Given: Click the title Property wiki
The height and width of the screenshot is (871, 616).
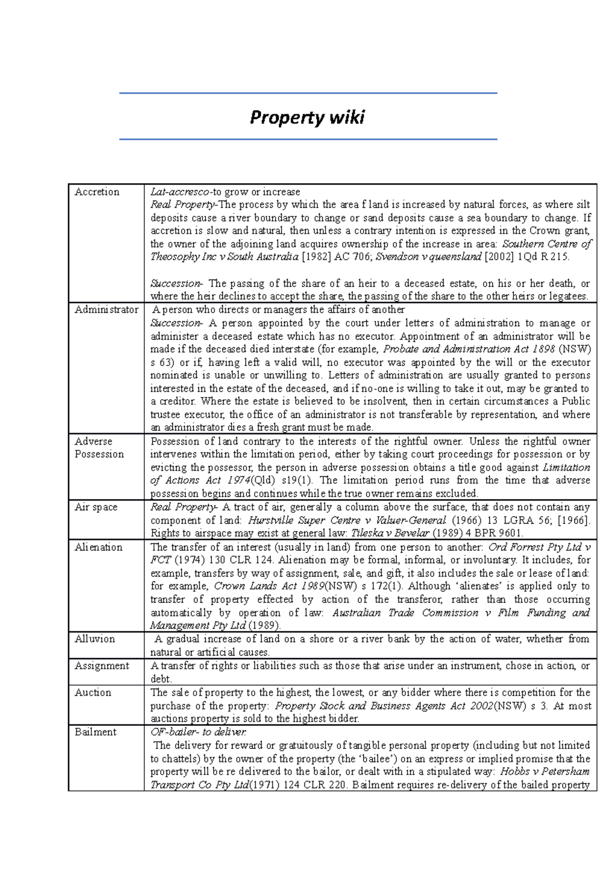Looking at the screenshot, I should point(307,117).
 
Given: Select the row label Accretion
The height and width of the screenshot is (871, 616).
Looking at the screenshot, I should point(97,192).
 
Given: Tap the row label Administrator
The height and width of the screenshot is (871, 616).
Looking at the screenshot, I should point(106,310).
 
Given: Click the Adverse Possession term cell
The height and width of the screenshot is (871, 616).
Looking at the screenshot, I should point(99,448).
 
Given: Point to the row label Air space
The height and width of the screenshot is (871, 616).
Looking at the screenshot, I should point(96,507).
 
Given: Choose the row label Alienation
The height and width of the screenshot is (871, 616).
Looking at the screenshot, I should point(99,547).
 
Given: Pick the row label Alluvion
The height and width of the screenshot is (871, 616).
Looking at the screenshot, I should point(94,639).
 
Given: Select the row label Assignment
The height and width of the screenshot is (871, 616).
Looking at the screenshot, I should point(102,666).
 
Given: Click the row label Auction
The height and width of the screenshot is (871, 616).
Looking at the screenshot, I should point(93,692).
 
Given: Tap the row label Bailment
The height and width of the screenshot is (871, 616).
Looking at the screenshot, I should point(95,732).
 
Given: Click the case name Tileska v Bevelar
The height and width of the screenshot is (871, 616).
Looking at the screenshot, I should point(390,533).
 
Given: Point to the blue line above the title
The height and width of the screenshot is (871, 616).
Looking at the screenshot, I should point(308,93).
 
